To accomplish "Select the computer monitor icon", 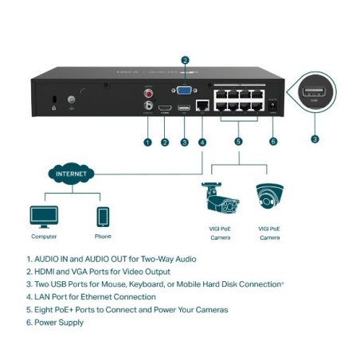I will pos(43,216).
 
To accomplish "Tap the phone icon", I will pos(103,216).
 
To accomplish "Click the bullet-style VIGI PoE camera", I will pos(221,199).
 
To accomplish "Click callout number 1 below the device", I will pos(147,143).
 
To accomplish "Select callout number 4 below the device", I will pos(202,143).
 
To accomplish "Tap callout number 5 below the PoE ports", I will pos(238,143).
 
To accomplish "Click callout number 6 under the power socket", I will pos(273,143).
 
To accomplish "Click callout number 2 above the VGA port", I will pos(185,60).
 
